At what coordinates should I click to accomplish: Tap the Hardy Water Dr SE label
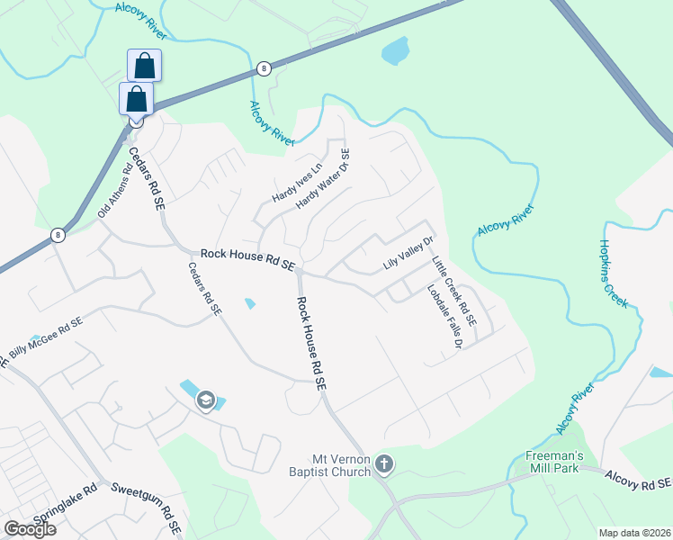327,179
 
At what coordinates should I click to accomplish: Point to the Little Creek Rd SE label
454,291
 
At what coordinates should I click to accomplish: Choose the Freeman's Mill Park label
555,462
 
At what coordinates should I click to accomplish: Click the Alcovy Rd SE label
638,480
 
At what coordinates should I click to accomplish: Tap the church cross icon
384,464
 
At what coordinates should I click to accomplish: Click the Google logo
30,529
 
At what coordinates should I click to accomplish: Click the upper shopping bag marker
145,66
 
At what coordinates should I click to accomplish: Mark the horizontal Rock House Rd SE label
248,260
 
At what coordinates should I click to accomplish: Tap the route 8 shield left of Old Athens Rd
58,235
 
